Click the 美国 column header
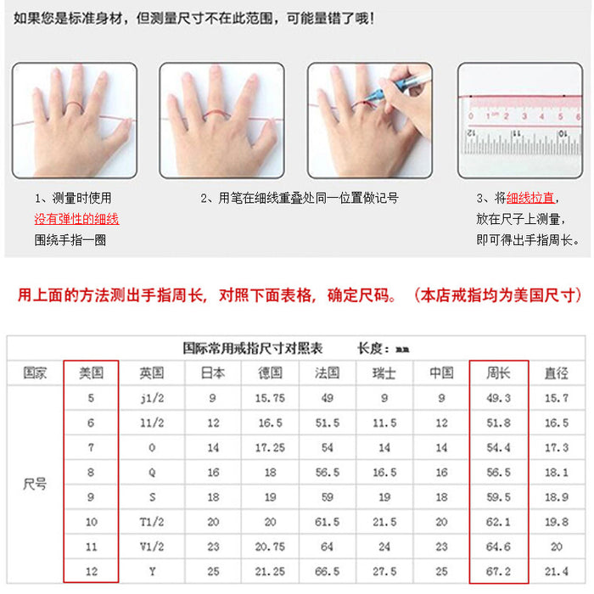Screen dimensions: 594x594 click(91, 373)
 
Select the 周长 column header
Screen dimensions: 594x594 click(498, 373)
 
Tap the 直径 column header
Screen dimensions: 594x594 click(556, 373)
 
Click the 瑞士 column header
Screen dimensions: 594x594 click(384, 373)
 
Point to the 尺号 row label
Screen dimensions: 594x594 click(34, 485)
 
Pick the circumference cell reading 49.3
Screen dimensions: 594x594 click(498, 398)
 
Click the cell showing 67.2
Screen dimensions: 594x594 click(498, 571)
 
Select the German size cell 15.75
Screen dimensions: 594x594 click(270, 398)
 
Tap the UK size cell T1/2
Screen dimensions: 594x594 click(152, 522)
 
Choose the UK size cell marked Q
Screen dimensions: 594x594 click(152, 473)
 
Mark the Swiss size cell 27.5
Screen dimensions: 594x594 click(384, 571)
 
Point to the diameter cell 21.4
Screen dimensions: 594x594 click(556, 571)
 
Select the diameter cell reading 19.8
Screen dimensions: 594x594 click(556, 522)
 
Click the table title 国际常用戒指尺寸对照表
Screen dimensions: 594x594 click(253, 348)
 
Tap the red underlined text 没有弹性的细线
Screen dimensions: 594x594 click(76, 219)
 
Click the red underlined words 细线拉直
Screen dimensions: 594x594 click(530, 198)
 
